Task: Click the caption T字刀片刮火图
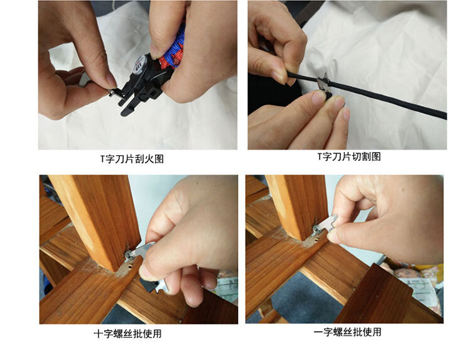point(132,158)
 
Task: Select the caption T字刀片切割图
point(349,156)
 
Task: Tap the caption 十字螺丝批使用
point(127,334)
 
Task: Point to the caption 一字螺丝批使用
point(347,332)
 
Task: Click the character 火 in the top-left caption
point(149,159)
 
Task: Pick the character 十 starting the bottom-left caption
point(99,334)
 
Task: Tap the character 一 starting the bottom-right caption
point(318,332)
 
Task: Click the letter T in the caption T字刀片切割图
point(320,156)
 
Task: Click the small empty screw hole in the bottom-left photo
point(130,266)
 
